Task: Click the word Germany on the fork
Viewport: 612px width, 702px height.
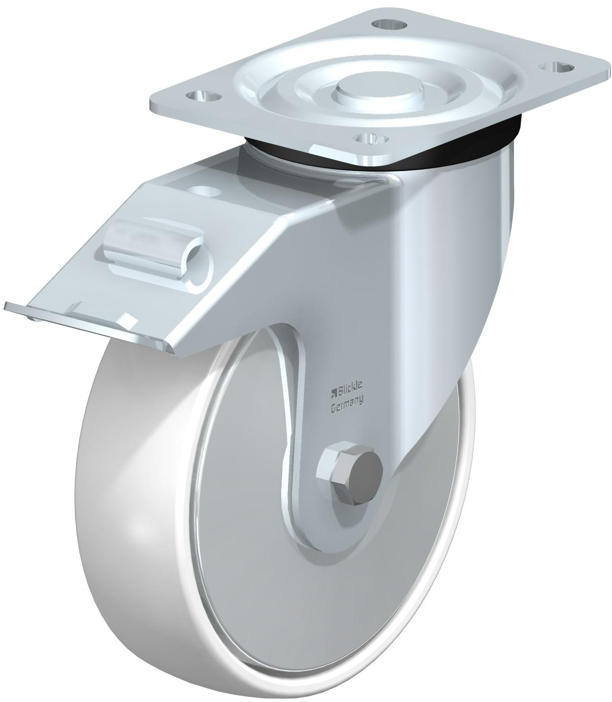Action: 346,407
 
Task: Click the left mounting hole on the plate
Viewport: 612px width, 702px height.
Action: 203,96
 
